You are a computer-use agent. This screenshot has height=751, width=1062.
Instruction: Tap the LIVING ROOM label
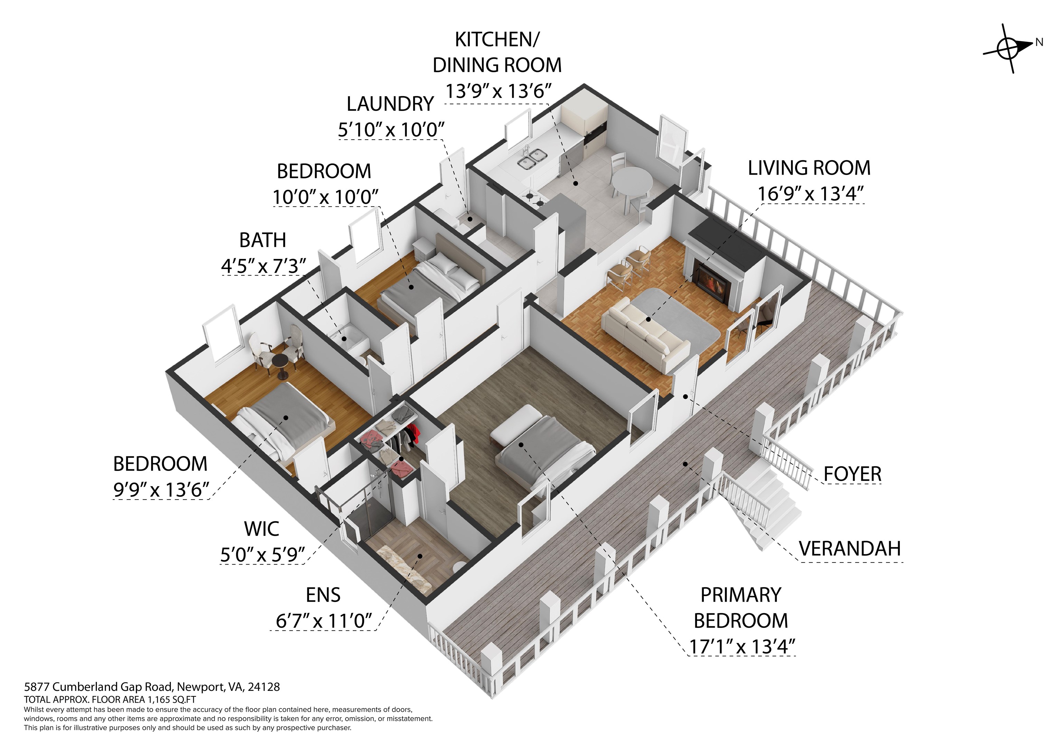click(809, 168)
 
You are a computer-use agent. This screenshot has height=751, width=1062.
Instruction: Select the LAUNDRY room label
click(390, 104)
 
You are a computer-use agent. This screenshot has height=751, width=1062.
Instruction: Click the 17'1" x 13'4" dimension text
click(742, 647)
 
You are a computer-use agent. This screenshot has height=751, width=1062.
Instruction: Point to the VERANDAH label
click(850, 549)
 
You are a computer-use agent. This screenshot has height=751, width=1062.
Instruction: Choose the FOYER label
click(853, 474)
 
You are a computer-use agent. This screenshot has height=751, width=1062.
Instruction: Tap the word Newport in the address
click(200, 687)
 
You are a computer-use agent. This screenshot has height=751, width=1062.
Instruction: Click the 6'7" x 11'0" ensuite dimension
click(324, 621)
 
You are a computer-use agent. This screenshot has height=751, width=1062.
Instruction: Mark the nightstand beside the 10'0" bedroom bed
click(424, 249)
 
